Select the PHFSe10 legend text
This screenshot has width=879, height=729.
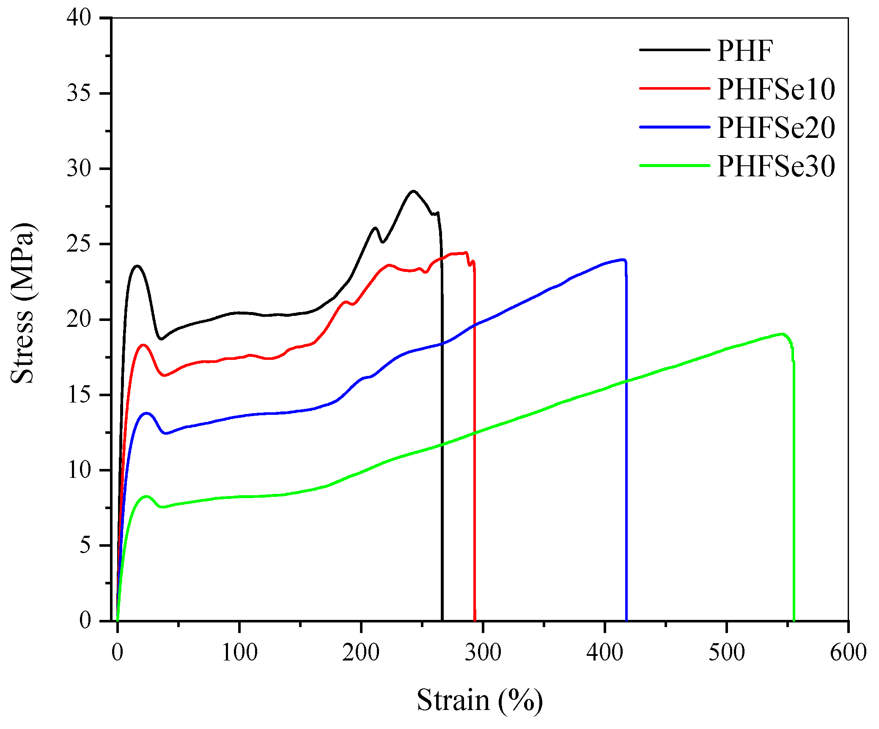pos(776,89)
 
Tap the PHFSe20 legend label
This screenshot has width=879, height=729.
pos(776,128)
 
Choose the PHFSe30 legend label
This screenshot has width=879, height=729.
pos(776,166)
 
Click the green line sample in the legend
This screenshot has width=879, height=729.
pos(674,165)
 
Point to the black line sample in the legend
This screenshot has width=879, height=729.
pos(674,50)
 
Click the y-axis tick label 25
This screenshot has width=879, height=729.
pos(79,244)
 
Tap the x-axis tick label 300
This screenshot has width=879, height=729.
pos(483,652)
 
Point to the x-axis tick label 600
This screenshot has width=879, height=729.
pos(848,652)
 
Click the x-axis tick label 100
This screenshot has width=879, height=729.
pos(239,652)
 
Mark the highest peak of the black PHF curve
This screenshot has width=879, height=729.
pos(413,191)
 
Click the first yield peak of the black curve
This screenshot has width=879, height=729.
pos(137,266)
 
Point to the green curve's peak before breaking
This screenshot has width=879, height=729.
pos(782,334)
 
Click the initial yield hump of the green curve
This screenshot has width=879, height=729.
pos(146,496)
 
